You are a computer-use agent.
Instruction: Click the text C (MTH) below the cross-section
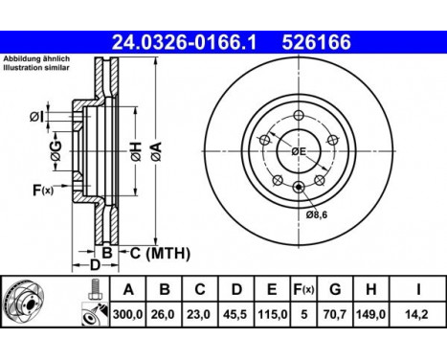tap(159, 253)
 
